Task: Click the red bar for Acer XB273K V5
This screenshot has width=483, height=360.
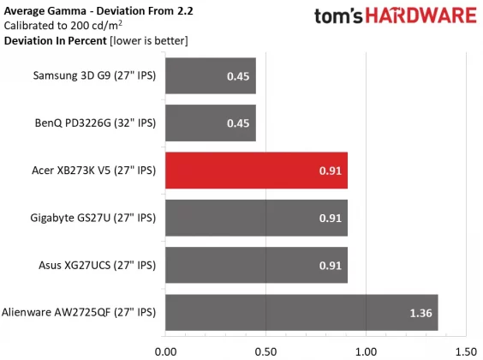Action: (255, 171)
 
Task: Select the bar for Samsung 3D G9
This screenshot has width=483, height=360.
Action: (210, 76)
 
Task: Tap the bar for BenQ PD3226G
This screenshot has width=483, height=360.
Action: (210, 123)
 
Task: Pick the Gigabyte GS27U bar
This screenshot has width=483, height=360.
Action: (255, 218)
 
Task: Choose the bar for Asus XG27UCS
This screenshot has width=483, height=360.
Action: (255, 265)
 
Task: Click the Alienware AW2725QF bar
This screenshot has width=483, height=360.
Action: (301, 312)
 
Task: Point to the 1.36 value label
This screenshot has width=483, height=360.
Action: (420, 313)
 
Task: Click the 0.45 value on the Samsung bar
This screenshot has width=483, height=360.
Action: (237, 76)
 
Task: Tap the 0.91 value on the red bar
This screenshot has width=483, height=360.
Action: (329, 171)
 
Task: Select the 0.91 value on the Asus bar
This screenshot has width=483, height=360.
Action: (329, 265)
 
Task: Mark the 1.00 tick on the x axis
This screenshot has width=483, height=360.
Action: (366, 351)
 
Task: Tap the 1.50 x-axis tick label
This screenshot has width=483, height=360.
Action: (466, 351)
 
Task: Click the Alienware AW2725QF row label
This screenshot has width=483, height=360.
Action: (80, 313)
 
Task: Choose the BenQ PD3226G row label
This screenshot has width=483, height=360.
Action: (95, 123)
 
